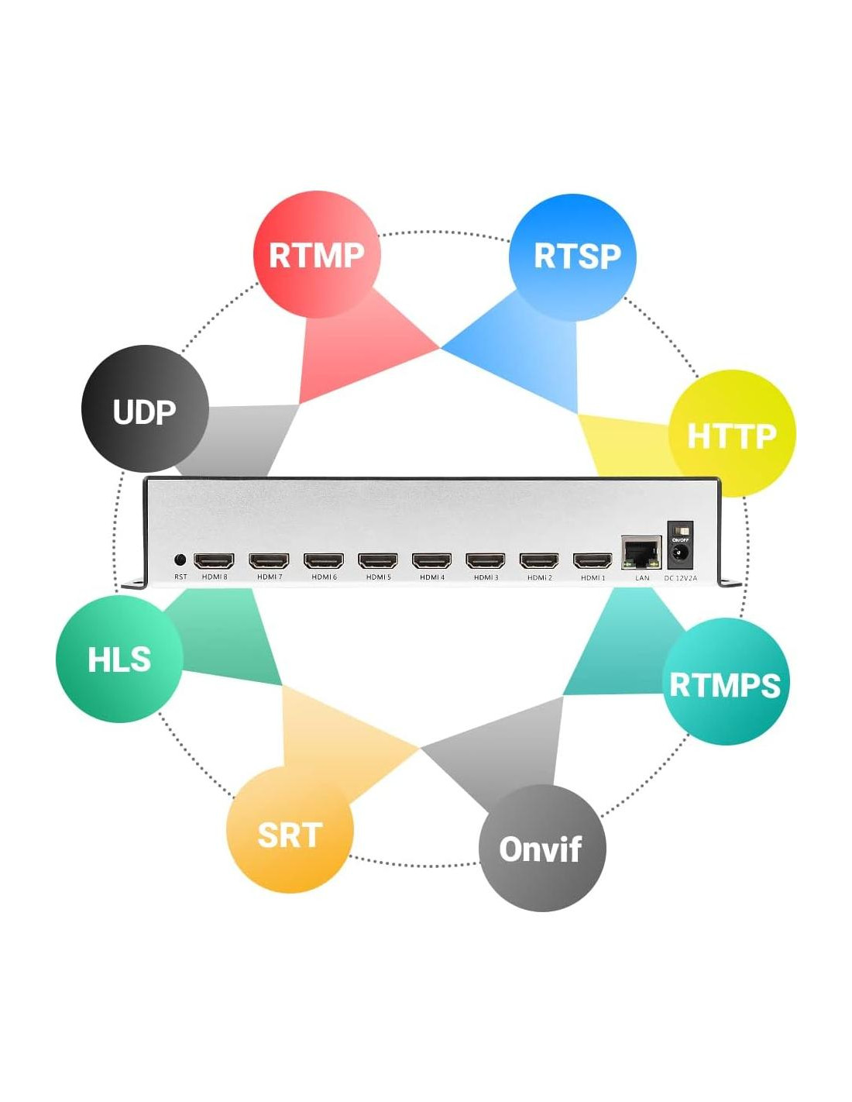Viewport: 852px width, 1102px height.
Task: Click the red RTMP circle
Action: point(316,254)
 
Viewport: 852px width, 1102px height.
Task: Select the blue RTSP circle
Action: point(573,257)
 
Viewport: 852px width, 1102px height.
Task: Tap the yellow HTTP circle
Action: point(732,434)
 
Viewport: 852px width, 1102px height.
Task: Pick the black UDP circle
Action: point(145,409)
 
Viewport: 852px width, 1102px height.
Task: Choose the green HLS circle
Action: point(119,659)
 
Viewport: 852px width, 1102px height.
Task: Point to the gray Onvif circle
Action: point(542,848)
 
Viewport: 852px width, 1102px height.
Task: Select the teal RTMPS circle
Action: point(726,682)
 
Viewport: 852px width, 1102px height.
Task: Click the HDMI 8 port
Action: point(214,560)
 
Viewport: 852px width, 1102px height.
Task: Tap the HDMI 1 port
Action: point(593,560)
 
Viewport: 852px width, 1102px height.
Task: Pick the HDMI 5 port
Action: point(378,560)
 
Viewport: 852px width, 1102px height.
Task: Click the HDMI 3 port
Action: point(486,560)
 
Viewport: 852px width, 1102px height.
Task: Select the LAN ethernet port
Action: point(641,553)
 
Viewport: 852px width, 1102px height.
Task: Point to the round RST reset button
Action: point(180,560)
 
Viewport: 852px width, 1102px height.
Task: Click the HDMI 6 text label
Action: point(324,577)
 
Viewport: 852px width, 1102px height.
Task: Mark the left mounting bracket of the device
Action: point(134,582)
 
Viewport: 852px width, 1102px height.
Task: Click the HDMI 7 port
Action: point(269,560)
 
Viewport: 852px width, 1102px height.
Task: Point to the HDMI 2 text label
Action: point(539,577)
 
